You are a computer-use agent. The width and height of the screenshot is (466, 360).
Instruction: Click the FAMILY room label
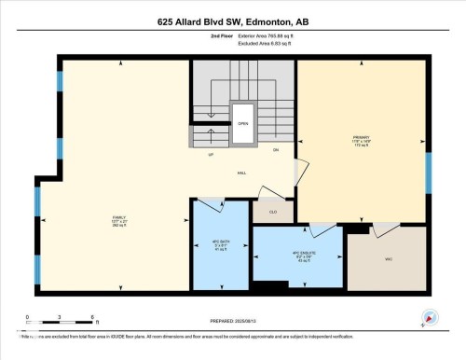(x=119, y=218)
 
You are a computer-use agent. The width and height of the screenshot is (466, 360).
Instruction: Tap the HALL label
(x=241, y=173)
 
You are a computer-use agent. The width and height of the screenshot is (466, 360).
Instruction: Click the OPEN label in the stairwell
(x=242, y=124)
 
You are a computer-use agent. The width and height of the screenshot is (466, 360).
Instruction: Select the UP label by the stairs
(x=212, y=155)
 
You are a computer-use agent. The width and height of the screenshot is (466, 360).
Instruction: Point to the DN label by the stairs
(x=276, y=149)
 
